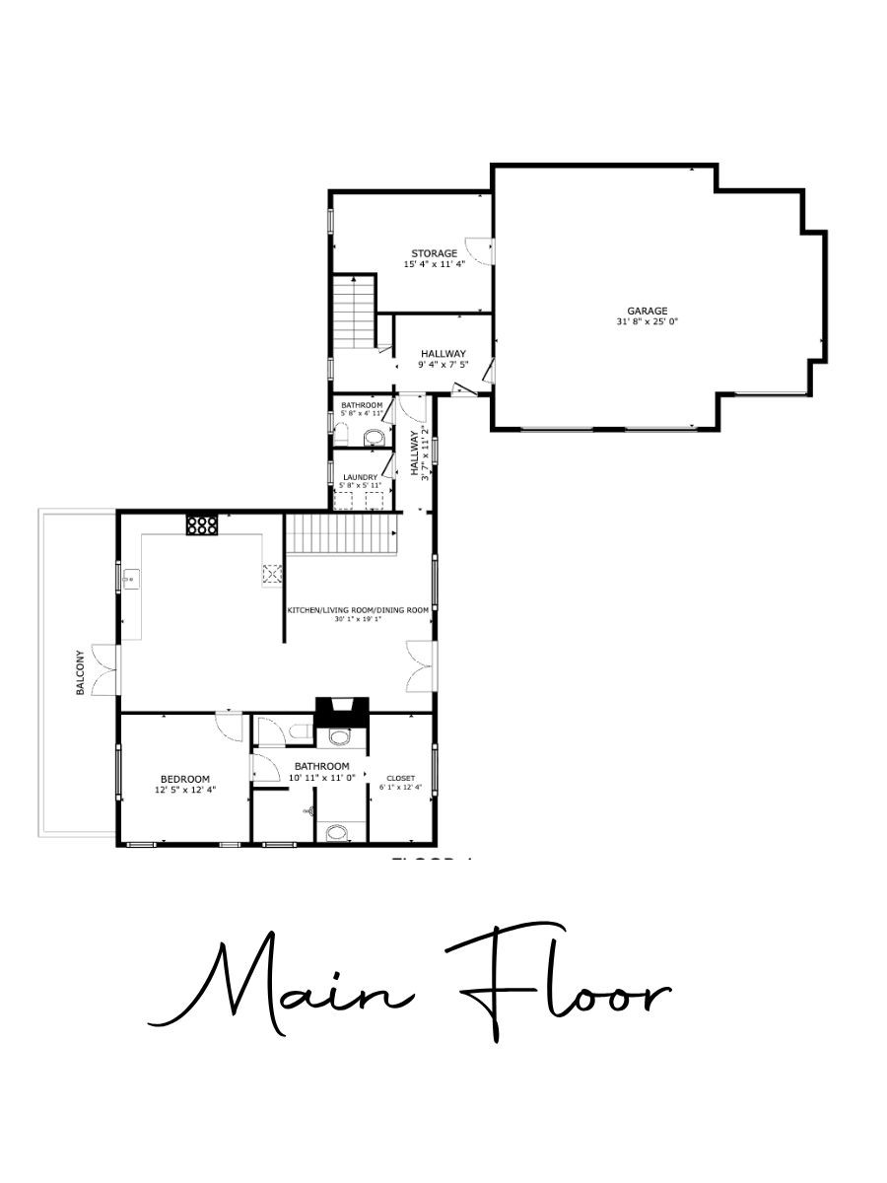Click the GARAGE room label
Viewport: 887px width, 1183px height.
click(648, 311)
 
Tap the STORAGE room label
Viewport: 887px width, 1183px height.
click(434, 253)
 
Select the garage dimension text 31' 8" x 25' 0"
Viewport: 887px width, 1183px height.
click(648, 321)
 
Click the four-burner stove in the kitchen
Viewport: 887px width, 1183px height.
click(201, 525)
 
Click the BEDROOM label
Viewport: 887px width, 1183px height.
click(184, 779)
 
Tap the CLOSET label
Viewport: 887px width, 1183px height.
click(400, 778)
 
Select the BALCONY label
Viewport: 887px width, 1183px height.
click(81, 672)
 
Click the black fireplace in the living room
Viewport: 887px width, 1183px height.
click(341, 711)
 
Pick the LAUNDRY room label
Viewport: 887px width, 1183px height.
click(360, 477)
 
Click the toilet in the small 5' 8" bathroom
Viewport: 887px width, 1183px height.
click(374, 437)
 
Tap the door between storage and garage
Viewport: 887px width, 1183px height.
click(480, 250)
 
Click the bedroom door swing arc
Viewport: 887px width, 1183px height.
click(230, 726)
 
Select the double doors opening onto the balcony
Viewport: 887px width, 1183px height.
click(104, 669)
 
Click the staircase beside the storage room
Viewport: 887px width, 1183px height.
click(354, 311)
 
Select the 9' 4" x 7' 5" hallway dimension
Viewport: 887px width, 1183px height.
click(443, 365)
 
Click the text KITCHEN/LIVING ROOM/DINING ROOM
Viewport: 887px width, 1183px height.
click(358, 610)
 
